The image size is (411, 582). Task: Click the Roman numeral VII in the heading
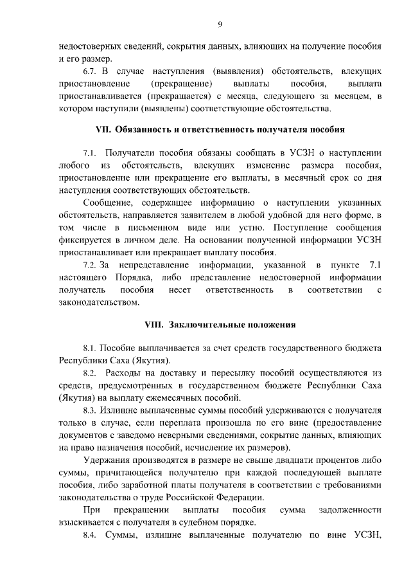pos(103,129)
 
